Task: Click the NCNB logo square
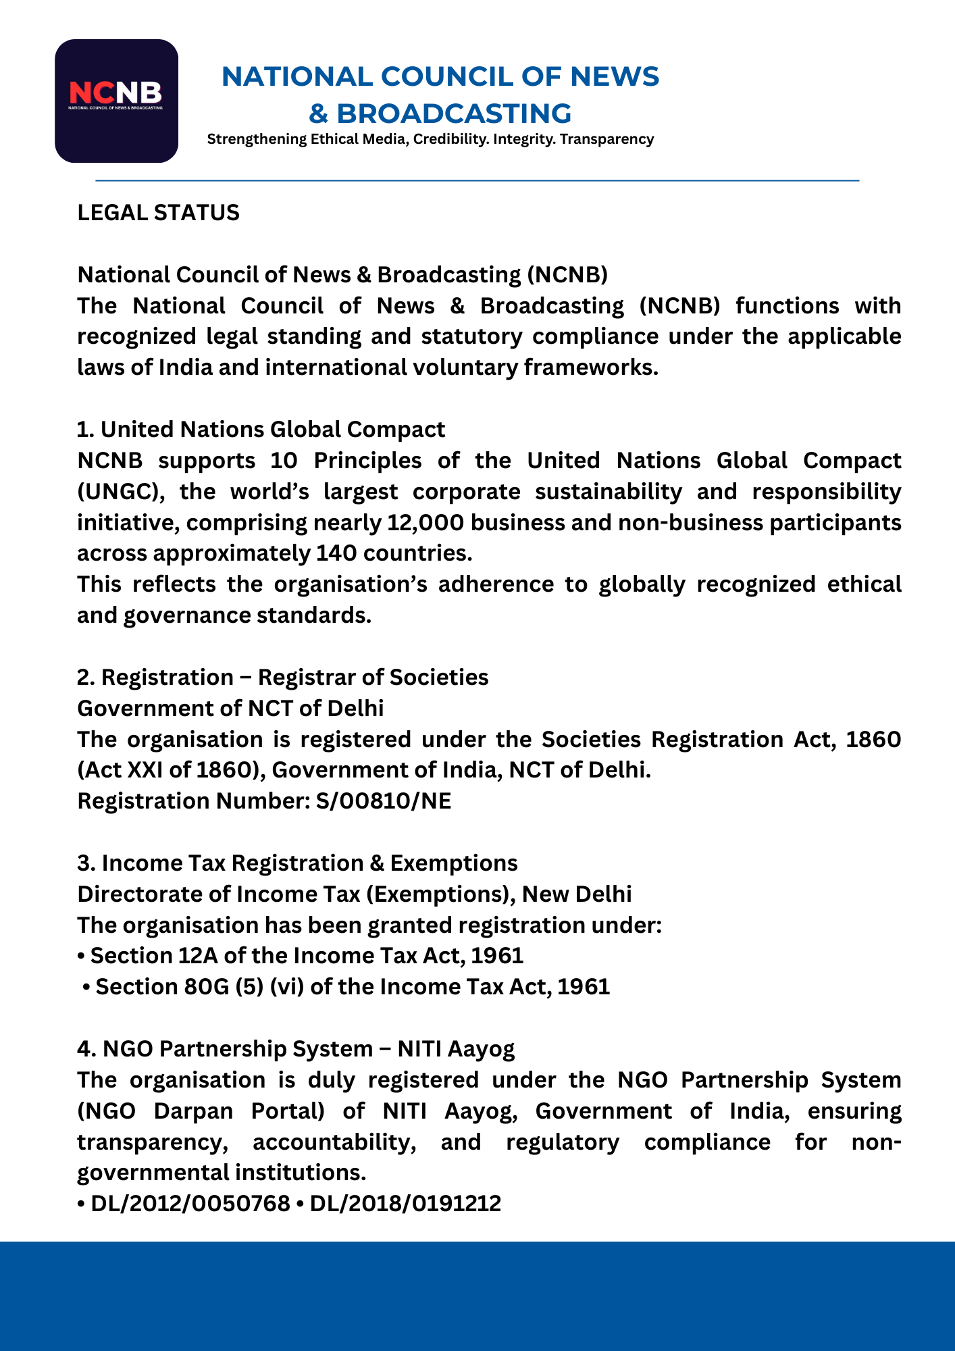click(116, 101)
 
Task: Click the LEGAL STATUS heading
click(158, 213)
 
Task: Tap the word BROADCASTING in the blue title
click(454, 113)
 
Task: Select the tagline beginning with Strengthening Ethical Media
click(430, 139)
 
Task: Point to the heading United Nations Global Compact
click(272, 430)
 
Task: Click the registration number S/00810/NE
click(383, 801)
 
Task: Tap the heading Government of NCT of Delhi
click(230, 709)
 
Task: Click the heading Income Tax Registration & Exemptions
click(309, 863)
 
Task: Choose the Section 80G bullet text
click(352, 987)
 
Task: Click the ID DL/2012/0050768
click(190, 1204)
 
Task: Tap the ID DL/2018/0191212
click(405, 1204)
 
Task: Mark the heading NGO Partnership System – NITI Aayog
click(296, 1049)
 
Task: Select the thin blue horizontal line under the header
click(477, 180)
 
